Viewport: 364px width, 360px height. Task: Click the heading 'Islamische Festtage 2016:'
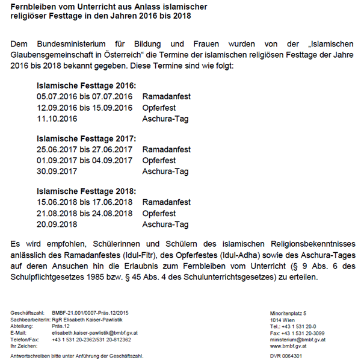[x=87, y=85]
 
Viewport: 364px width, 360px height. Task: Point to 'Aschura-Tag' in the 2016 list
[x=165, y=119]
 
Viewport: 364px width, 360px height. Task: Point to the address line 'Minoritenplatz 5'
[x=288, y=314]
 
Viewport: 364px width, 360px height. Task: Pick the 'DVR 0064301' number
[x=286, y=355]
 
